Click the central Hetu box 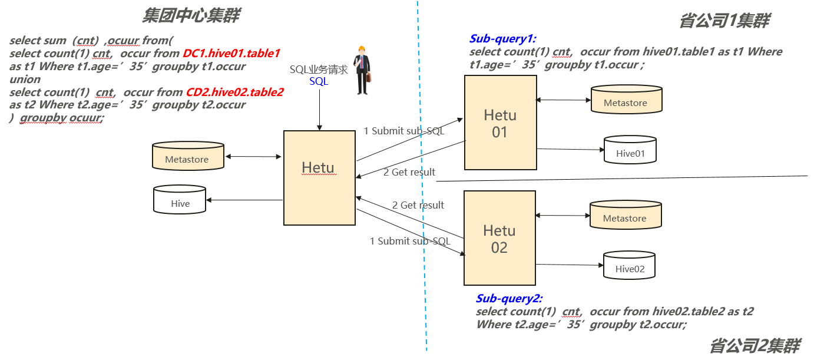click(319, 177)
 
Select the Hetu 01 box click(500, 123)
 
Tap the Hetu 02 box click(500, 238)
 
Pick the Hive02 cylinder click(630, 265)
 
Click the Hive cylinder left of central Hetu click(180, 200)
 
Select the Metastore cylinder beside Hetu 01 click(626, 99)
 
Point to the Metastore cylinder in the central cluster click(187, 156)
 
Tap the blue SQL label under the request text click(319, 81)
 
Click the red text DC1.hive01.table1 click(231, 54)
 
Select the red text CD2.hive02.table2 click(234, 93)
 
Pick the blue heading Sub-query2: click(509, 298)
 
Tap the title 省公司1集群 click(724, 21)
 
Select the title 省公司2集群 click(755, 345)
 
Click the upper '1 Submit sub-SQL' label click(403, 131)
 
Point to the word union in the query click(25, 80)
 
